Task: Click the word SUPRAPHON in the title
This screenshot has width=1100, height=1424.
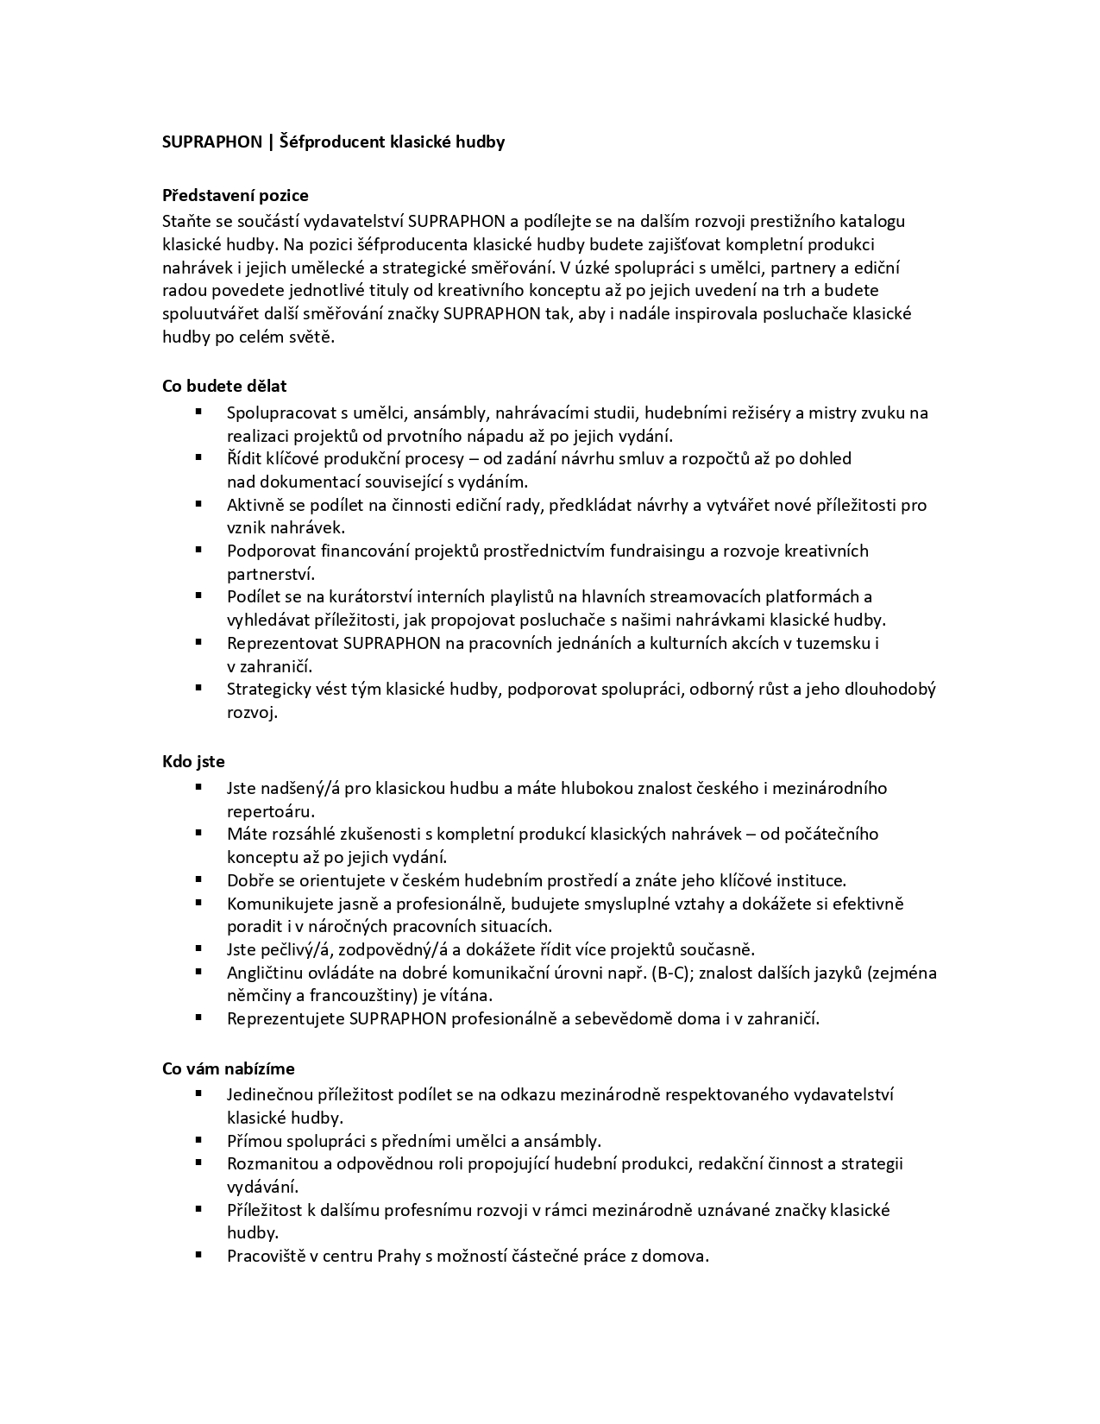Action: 211,142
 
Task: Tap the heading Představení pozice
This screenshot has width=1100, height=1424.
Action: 235,196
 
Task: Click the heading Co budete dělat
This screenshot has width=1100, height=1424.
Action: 224,386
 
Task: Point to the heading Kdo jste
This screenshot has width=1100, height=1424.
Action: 193,761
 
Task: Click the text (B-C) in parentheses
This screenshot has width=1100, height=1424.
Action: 678,973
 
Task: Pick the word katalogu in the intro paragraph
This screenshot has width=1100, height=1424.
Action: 874,221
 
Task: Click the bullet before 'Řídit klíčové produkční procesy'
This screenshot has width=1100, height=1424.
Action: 198,457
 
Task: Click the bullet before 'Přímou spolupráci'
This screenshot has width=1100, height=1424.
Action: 198,1139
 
